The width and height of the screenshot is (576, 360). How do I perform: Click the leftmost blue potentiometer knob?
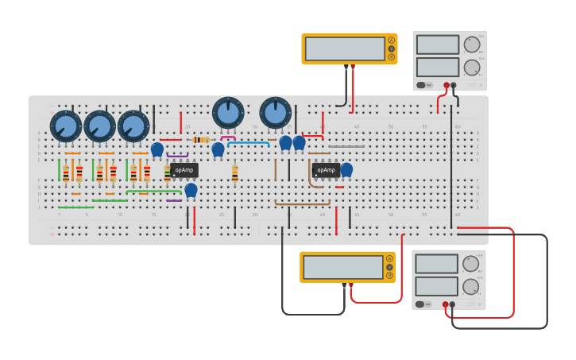pos(66,126)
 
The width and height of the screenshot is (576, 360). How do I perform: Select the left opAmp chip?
pos(184,170)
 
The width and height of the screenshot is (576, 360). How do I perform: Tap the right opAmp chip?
pos(326,170)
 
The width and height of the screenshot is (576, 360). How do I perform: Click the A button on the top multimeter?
pos(391,40)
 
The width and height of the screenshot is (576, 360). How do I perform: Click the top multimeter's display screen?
pos(345,48)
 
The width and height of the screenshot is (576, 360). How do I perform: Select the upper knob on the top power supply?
pos(472,45)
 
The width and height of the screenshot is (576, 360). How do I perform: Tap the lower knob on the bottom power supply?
pos(471,286)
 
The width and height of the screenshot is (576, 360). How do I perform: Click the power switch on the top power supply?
pos(422,84)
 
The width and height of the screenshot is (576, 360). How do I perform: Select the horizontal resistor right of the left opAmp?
pos(202,140)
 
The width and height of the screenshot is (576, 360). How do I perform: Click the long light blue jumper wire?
pos(248,143)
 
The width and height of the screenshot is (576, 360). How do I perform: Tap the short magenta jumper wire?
pos(228,137)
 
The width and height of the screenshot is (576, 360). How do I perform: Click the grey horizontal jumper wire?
pos(346,146)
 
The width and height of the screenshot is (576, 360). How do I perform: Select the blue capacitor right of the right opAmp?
pos(346,168)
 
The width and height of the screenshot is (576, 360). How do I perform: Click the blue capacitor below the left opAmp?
pos(191,189)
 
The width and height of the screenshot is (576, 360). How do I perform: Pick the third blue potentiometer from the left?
pos(133,126)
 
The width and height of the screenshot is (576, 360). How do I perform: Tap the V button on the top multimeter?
pos(391,48)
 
